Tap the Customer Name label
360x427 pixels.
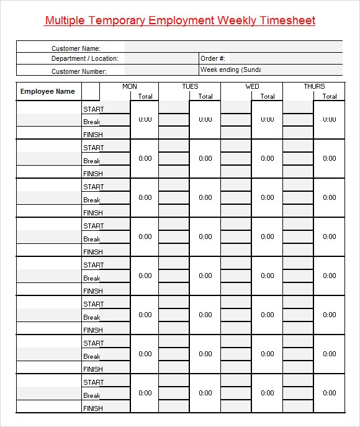point(76,48)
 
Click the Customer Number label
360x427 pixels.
point(79,71)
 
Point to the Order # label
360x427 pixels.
point(212,59)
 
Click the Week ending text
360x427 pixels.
point(230,70)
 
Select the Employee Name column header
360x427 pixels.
point(48,91)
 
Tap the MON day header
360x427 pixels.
point(130,86)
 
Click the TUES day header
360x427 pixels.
point(190,86)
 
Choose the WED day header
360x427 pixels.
point(252,86)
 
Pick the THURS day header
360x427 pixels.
point(314,86)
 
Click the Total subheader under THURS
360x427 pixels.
point(330,96)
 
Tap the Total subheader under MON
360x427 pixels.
point(145,96)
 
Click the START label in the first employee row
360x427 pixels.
point(93,109)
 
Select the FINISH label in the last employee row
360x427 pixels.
point(92,408)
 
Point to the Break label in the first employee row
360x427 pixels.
point(92,122)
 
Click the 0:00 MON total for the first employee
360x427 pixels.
point(145,119)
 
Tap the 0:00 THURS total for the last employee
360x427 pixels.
point(330,393)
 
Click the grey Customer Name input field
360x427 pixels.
point(233,47)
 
